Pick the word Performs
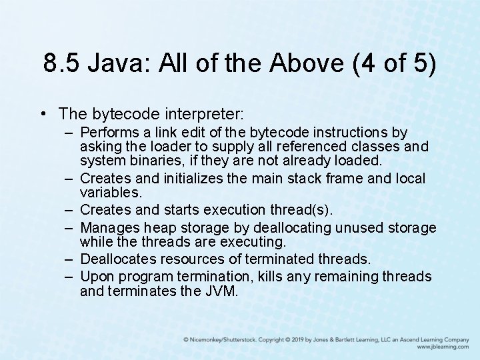(109, 133)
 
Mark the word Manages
(108, 228)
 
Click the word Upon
(95, 277)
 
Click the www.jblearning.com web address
(443, 347)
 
